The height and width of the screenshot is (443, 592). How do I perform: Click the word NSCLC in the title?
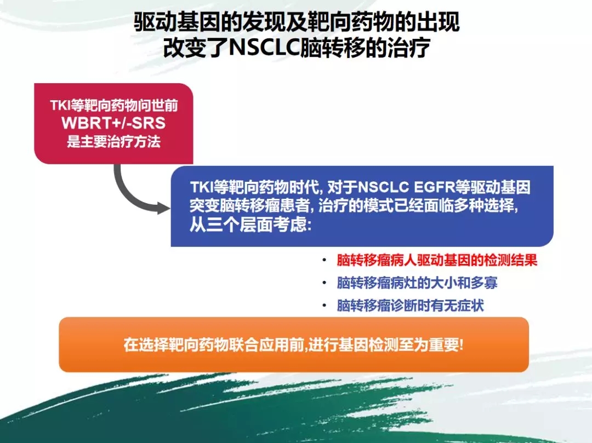pyautogui.click(x=264, y=48)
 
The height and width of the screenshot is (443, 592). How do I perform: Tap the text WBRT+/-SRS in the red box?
pyautogui.click(x=113, y=123)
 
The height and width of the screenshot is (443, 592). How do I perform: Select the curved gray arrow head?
pyautogui.click(x=163, y=208)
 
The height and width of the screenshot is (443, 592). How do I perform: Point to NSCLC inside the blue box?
pyautogui.click(x=383, y=187)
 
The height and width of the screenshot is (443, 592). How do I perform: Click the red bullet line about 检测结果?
pyautogui.click(x=437, y=260)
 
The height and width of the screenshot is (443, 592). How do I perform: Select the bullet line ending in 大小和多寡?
pyautogui.click(x=417, y=283)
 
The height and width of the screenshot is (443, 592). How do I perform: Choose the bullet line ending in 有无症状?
pyautogui.click(x=411, y=306)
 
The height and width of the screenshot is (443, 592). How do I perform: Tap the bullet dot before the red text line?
pyautogui.click(x=325, y=260)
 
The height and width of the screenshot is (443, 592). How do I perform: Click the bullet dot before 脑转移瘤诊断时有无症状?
pyautogui.click(x=325, y=306)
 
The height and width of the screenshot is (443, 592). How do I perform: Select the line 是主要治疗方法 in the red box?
pyautogui.click(x=113, y=142)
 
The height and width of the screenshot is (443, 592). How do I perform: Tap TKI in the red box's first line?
pyautogui.click(x=60, y=105)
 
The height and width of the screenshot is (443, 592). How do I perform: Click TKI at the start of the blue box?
pyautogui.click(x=201, y=187)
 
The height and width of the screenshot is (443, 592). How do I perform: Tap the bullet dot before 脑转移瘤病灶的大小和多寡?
pyautogui.click(x=325, y=283)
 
